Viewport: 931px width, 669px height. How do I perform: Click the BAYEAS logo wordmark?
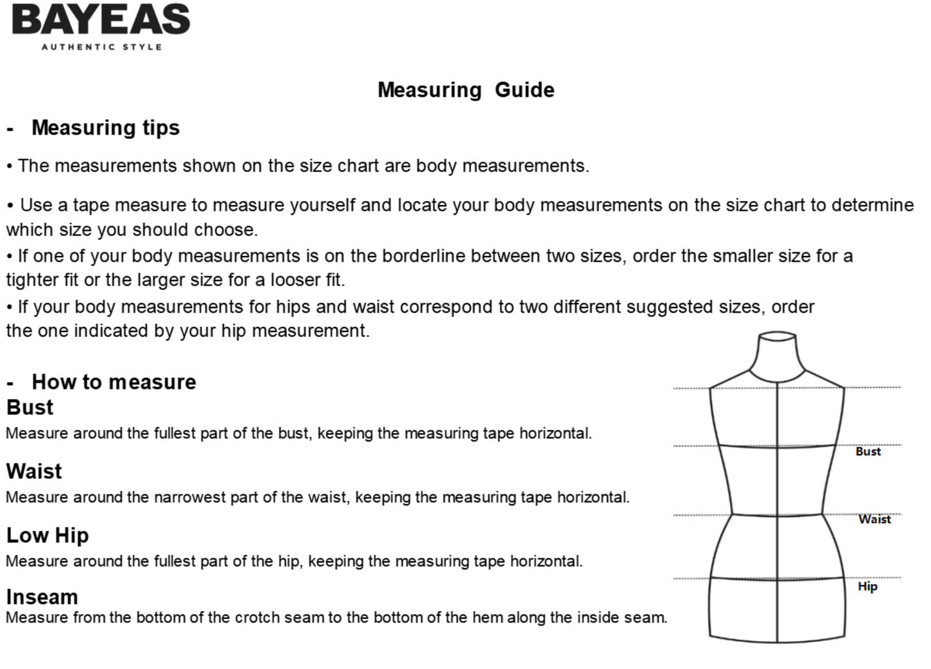[101, 19]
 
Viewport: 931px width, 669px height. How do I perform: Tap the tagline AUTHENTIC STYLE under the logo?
[102, 47]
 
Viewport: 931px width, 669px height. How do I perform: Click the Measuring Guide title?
[466, 90]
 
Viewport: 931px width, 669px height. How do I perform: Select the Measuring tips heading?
[106, 128]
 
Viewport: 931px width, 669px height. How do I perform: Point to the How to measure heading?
[114, 382]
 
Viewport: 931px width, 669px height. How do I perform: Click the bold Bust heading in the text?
[30, 407]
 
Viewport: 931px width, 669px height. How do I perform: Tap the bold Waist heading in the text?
[34, 471]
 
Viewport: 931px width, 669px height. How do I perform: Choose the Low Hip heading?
[48, 535]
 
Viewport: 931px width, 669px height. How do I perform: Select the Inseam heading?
[42, 597]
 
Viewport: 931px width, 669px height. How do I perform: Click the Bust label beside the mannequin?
[868, 452]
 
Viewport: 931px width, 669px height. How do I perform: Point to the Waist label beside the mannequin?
[874, 519]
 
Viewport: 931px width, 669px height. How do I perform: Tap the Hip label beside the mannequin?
[867, 587]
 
